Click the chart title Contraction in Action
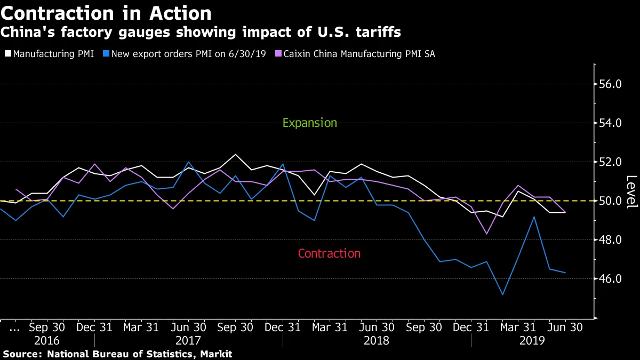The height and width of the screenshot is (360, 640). coord(106,13)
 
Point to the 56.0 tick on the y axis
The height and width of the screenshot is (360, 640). coord(611,84)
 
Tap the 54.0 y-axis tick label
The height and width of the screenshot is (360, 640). coord(611,123)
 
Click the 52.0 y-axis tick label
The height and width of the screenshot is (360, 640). coord(611,162)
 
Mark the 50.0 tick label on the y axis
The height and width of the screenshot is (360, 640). coord(611,201)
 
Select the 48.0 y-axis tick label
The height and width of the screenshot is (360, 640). coord(611,240)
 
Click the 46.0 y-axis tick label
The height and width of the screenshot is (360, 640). coord(611,279)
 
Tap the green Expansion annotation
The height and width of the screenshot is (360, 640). coord(309,123)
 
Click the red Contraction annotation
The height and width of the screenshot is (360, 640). coord(329,253)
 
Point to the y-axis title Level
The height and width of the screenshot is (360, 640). coord(631,191)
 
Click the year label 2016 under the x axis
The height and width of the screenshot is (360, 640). coord(47,340)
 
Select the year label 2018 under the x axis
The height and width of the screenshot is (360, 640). coord(377,340)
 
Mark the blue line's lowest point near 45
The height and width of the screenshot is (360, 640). coord(502,294)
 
